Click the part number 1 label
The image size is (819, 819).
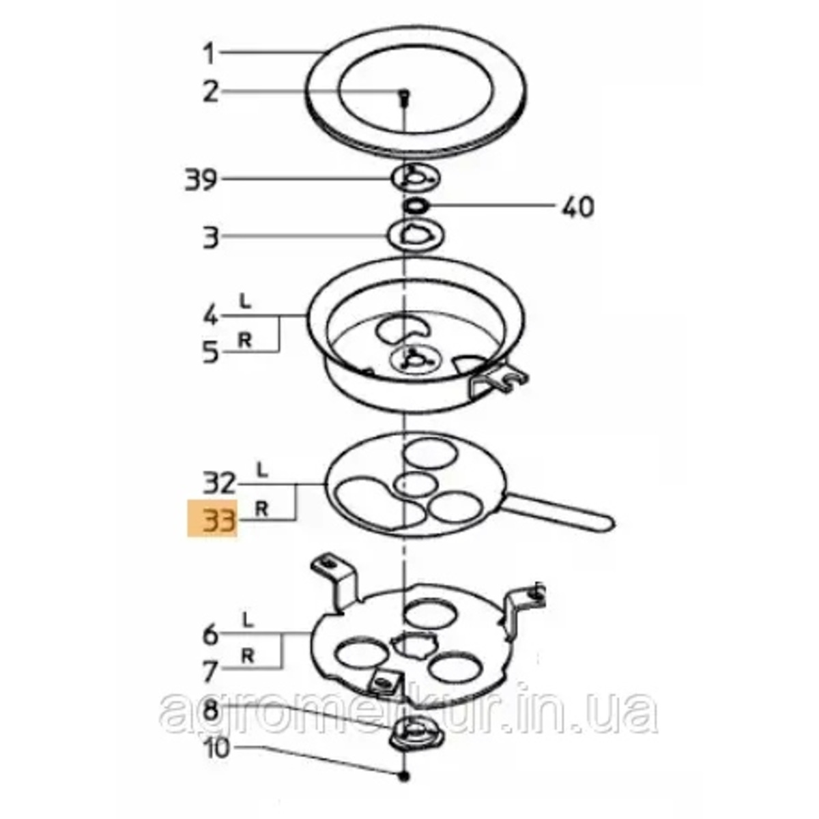coord(209,55)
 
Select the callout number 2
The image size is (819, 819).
coord(211,92)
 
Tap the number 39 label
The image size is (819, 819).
coord(201,179)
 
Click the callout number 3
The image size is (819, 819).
coord(211,238)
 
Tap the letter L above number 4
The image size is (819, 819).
coord(245,302)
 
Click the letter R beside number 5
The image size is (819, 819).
coord(245,341)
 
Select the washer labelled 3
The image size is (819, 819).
coord(416,235)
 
